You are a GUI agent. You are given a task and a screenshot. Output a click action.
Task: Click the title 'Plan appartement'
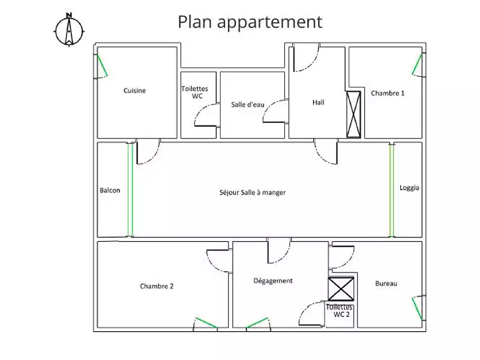click(x=250, y=22)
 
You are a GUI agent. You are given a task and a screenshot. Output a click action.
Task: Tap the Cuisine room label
click(x=134, y=91)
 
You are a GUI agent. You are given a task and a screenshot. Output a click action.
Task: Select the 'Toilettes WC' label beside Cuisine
click(x=194, y=92)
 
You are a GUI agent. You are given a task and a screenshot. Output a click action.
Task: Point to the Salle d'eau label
click(x=247, y=104)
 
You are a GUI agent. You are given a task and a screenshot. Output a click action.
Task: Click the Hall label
click(x=319, y=102)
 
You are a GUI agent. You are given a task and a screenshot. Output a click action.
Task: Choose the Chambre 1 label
click(x=388, y=93)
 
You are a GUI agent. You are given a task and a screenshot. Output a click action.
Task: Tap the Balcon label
click(x=110, y=191)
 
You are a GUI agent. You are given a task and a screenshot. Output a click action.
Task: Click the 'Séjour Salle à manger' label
click(x=253, y=193)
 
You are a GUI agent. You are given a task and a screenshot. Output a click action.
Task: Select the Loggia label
click(x=409, y=187)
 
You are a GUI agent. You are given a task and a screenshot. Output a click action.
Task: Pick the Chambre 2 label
click(x=157, y=286)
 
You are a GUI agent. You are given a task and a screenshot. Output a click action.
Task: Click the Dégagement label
click(x=273, y=280)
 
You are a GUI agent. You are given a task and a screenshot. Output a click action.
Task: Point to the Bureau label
click(x=386, y=283)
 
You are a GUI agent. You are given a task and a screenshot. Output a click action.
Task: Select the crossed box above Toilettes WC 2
click(x=342, y=290)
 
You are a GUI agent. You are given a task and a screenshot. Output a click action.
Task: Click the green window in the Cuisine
click(x=102, y=66)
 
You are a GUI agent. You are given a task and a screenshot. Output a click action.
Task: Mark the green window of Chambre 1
click(x=418, y=64)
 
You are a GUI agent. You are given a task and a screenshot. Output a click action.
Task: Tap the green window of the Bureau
click(x=416, y=308)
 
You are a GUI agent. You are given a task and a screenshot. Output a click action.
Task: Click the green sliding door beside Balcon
click(x=130, y=190)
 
